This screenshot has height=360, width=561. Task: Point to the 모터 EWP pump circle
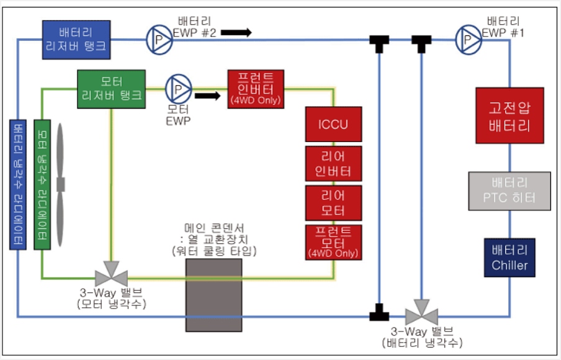pyautogui.click(x=178, y=89)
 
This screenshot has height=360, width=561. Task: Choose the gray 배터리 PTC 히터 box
pyautogui.click(x=509, y=191)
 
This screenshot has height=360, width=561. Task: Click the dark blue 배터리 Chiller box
pyautogui.click(x=509, y=258)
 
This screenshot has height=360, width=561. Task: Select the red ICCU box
pyautogui.click(x=333, y=124)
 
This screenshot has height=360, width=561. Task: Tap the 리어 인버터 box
pyautogui.click(x=333, y=163)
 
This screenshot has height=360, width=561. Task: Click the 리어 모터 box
pyautogui.click(x=333, y=202)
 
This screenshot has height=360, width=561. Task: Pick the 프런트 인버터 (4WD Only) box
pyautogui.click(x=255, y=88)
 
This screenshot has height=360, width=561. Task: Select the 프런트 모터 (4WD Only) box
pyautogui.click(x=333, y=241)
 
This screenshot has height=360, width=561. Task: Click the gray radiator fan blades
pyautogui.click(x=60, y=184)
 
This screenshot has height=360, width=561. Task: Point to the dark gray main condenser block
pyautogui.click(x=213, y=294)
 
